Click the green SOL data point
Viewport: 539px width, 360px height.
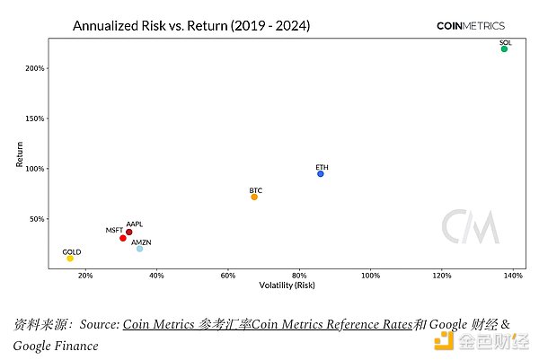click(504, 48)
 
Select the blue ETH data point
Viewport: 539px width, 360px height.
click(321, 173)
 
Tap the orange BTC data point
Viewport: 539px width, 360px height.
click(254, 197)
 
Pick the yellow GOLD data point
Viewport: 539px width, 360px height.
click(70, 258)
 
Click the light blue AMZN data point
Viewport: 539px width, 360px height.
click(139, 249)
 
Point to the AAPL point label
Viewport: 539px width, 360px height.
click(134, 224)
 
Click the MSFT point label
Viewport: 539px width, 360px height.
click(114, 231)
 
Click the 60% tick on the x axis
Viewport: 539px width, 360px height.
click(228, 276)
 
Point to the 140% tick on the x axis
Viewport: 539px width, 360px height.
click(512, 276)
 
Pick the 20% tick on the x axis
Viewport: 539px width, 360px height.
click(85, 276)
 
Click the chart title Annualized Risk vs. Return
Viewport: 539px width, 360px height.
click(191, 26)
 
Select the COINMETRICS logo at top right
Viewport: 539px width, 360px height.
click(470, 26)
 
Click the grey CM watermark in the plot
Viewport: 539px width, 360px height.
click(470, 226)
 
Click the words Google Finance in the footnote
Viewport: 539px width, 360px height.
click(56, 345)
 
